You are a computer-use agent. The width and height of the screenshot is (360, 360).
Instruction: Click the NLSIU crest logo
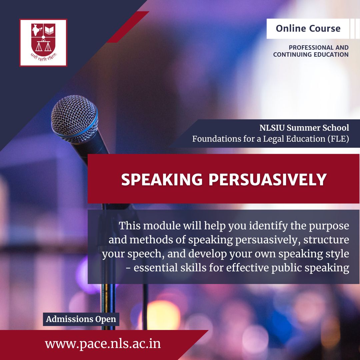tap(43, 42)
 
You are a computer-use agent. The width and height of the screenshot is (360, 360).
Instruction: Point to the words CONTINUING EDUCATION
tap(311, 54)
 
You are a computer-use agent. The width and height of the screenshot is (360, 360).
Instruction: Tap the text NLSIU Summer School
tap(304, 128)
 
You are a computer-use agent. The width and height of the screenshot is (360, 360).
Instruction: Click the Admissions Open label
tap(81, 319)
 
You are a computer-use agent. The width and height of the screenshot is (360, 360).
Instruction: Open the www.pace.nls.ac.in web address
tap(103, 344)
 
